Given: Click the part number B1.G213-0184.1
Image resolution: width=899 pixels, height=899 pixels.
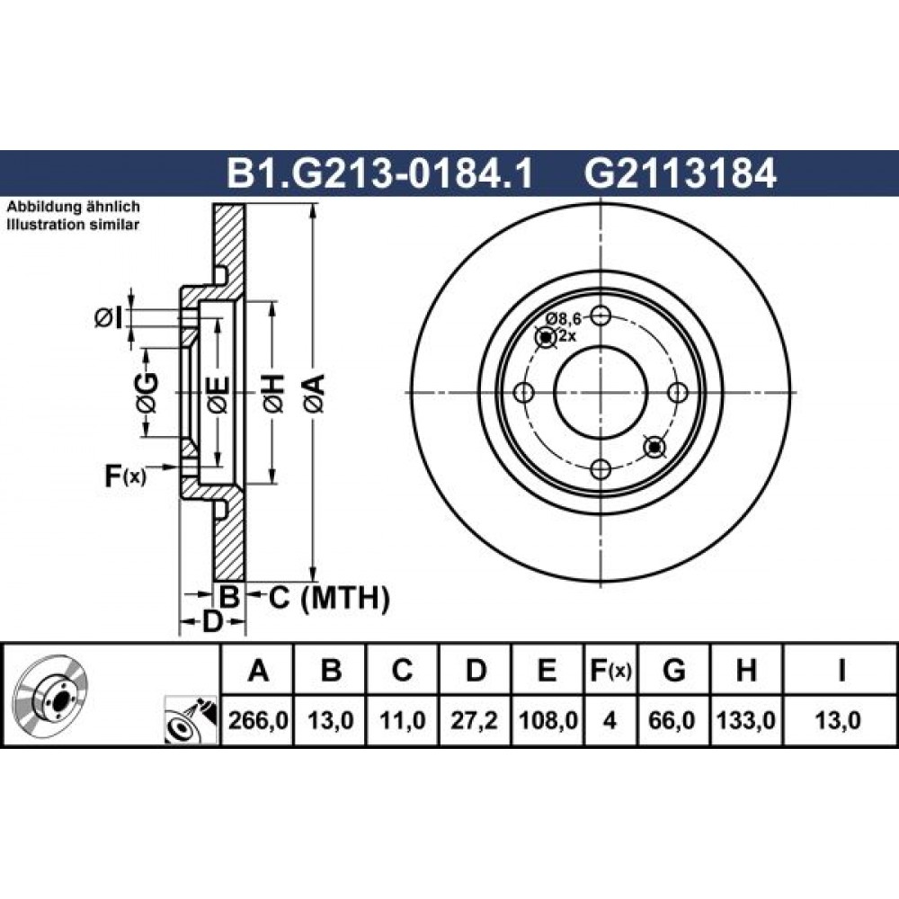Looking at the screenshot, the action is pyautogui.click(x=380, y=174).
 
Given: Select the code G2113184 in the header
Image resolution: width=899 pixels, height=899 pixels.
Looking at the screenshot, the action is pyautogui.click(x=680, y=174).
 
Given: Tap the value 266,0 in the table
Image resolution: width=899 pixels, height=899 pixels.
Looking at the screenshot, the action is pyautogui.click(x=257, y=720).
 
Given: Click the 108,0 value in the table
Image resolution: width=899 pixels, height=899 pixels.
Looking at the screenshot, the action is pyautogui.click(x=547, y=720).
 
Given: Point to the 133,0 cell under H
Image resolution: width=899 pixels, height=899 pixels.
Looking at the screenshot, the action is pyautogui.click(x=746, y=720).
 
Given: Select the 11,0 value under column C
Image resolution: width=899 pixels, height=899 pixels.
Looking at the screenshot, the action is pyautogui.click(x=402, y=720).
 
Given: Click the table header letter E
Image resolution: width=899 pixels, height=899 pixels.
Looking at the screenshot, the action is pyautogui.click(x=547, y=670).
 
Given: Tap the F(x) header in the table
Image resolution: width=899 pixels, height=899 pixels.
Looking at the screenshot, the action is pyautogui.click(x=610, y=670).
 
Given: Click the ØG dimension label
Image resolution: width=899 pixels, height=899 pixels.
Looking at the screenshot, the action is pyautogui.click(x=147, y=393).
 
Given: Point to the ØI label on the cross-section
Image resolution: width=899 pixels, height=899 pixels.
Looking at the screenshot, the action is pyautogui.click(x=109, y=317).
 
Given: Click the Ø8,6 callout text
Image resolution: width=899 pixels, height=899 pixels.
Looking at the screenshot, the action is pyautogui.click(x=563, y=318).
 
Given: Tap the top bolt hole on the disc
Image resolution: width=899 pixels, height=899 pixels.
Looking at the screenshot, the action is pyautogui.click(x=601, y=315).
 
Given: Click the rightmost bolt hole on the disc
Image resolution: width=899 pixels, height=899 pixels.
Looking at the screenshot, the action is pyautogui.click(x=678, y=393).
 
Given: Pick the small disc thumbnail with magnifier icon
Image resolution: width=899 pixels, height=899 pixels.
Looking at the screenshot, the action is pyautogui.click(x=191, y=721).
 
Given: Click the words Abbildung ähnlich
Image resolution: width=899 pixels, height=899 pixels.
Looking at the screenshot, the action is pyautogui.click(x=73, y=207).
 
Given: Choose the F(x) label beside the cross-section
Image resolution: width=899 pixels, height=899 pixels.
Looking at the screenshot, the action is pyautogui.click(x=125, y=476).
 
